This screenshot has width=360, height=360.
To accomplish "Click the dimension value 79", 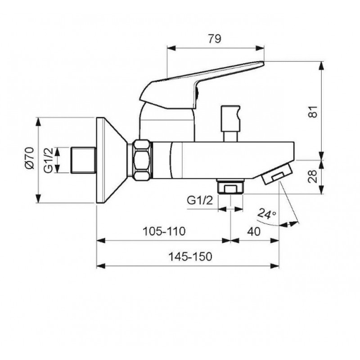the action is (215, 39).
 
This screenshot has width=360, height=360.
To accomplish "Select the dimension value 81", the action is (313, 112).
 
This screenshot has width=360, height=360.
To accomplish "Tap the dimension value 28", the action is (312, 176).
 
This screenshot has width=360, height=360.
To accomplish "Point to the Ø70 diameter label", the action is (30, 158).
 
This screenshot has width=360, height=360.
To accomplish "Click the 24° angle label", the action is (266, 214).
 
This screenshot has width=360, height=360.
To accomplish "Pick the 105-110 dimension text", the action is (164, 231).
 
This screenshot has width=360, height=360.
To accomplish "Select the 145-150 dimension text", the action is (190, 256).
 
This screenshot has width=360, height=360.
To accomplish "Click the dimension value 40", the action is (254, 231).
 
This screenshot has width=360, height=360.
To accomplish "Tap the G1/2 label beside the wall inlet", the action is (49, 160).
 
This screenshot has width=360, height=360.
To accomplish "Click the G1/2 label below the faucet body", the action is (200, 201).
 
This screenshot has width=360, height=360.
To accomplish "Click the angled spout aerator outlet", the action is (277, 173).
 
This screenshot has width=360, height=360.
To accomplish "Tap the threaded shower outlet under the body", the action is (230, 186).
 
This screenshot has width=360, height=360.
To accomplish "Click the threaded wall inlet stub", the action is (83, 160).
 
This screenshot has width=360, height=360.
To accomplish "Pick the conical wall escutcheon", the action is (112, 160).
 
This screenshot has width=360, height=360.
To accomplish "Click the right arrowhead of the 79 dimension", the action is (260, 48).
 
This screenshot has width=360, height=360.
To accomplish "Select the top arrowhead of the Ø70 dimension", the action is (38, 121).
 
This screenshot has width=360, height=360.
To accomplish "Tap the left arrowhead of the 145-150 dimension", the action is (101, 266).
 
